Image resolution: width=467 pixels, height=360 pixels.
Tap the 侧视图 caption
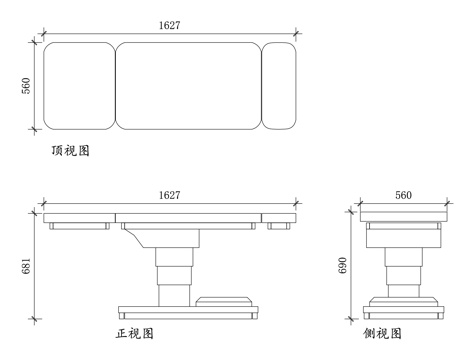coord(383,333)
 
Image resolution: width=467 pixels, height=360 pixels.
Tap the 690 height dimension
coord(343,263)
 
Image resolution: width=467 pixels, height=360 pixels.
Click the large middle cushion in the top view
coord(187,86)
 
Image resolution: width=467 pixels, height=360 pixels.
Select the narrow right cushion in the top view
coord(279,86)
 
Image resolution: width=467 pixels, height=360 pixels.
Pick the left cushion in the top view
coord(79,86)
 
